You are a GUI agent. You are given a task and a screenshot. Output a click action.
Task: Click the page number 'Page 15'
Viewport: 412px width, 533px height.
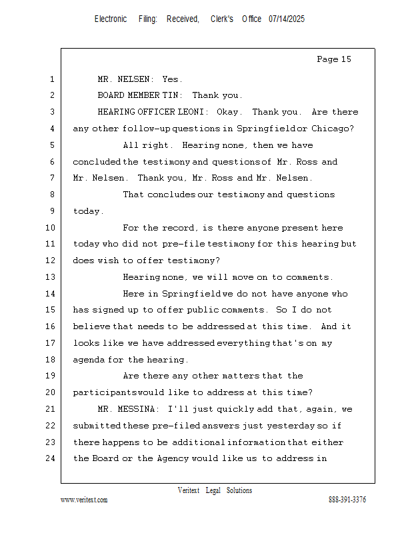coord(333,60)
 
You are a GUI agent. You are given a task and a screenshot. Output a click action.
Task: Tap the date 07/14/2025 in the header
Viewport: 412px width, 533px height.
coord(287,19)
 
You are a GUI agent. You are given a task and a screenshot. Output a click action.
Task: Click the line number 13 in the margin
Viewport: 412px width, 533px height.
coord(52,277)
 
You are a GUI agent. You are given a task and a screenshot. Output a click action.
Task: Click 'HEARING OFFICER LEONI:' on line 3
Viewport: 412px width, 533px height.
coord(153,112)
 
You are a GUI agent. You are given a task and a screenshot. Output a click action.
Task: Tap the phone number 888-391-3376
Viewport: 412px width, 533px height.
coord(347,500)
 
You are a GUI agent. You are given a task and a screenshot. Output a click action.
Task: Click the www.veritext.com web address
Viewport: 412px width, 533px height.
coord(84,500)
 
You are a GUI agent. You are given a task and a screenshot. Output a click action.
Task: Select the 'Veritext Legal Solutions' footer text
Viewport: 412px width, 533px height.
coord(215,490)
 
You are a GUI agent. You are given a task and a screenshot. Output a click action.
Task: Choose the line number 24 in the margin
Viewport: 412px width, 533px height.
coord(52,458)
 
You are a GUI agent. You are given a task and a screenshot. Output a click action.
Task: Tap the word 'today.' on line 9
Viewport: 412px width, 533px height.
coord(88,211)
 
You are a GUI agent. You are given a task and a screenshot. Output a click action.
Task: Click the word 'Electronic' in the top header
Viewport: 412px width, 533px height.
coord(111,19)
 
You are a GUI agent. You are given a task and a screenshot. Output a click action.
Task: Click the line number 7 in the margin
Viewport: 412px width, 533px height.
coord(52,178)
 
